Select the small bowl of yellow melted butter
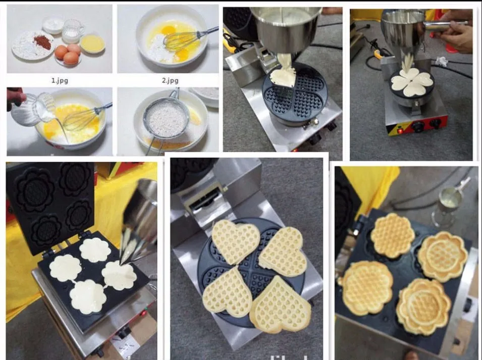point(92,43)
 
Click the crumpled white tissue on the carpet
point(442,62)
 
